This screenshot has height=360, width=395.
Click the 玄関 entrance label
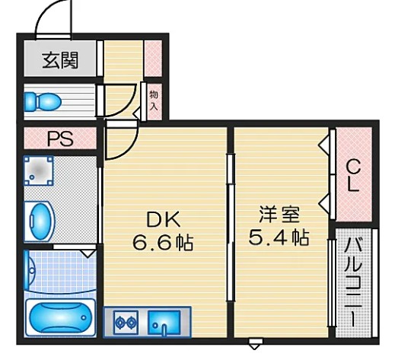click(x=60, y=60)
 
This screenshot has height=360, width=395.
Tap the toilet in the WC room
click(x=43, y=102)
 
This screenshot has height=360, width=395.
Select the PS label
click(x=60, y=139)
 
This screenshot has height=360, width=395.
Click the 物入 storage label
click(x=154, y=101)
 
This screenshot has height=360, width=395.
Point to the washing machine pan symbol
click(x=39, y=170)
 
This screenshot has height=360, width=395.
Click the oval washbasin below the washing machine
click(x=40, y=221)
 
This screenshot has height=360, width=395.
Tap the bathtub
click(x=61, y=317)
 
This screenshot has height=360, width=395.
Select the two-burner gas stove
click(x=126, y=323)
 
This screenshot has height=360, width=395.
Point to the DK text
click(x=164, y=220)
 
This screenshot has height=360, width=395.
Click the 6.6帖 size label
click(x=163, y=243)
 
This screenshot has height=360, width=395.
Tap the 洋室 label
click(x=279, y=215)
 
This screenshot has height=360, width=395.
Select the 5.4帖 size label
click(x=279, y=237)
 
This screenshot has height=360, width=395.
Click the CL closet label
click(x=353, y=176)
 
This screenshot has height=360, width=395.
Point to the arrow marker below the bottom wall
click(x=255, y=343)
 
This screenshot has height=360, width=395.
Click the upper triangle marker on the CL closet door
click(x=324, y=145)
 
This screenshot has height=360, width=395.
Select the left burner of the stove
click(x=119, y=323)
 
